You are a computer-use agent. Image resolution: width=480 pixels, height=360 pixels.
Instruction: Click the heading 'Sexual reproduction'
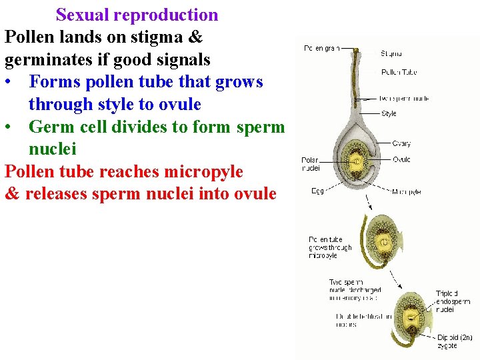click(x=137, y=15)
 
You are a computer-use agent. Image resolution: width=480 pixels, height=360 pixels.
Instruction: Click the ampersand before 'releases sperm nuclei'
click(x=12, y=194)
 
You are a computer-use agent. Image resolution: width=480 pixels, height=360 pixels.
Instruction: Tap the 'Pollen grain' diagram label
click(x=321, y=48)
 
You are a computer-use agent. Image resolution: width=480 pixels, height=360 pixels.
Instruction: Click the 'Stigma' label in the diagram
click(x=391, y=53)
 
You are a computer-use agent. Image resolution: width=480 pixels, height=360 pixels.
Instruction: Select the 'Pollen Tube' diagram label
click(x=399, y=72)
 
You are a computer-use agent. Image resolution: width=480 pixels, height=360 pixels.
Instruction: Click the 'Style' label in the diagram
click(x=389, y=113)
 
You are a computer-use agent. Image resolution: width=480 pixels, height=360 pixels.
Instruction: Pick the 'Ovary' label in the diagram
click(x=401, y=143)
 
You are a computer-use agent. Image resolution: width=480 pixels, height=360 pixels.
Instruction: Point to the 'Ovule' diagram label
click(x=401, y=159)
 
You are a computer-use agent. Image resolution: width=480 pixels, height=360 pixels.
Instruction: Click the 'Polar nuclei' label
click(x=311, y=164)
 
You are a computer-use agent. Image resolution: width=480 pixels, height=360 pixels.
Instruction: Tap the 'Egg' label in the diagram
click(x=318, y=191)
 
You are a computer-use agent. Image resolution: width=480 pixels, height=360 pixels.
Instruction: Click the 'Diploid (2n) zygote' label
click(x=455, y=341)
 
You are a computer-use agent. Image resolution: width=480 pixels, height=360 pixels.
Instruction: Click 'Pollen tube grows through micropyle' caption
click(x=331, y=247)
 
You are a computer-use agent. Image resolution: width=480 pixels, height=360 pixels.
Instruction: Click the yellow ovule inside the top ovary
click(x=356, y=161)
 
